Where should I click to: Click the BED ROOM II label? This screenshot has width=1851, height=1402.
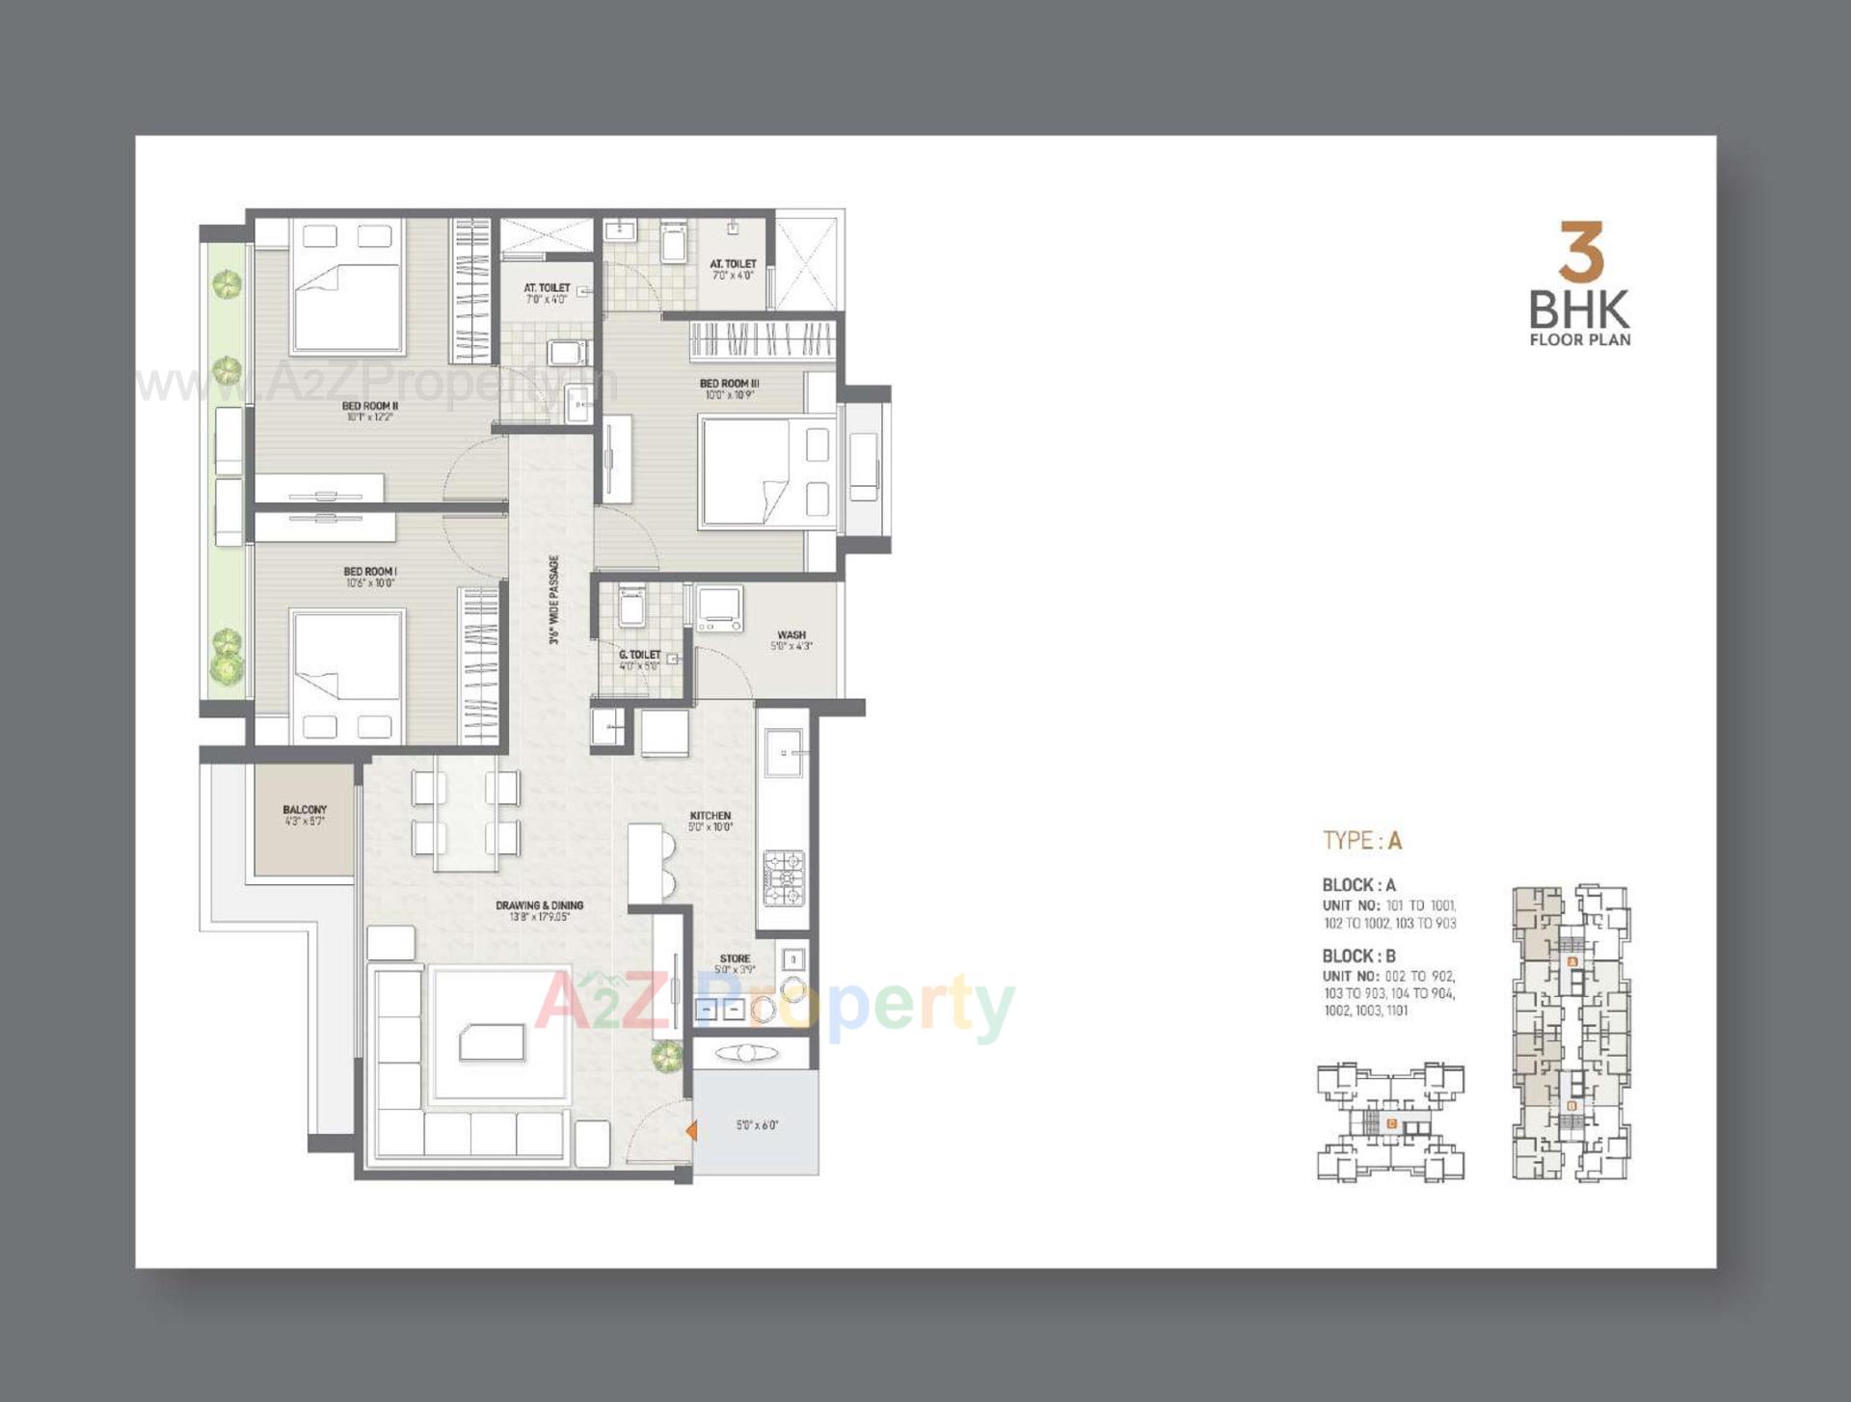coord(369,406)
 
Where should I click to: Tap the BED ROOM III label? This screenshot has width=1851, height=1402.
coord(729,384)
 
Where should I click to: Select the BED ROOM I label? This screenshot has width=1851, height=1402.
coord(370,572)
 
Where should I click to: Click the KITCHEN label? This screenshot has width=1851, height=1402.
coord(711,816)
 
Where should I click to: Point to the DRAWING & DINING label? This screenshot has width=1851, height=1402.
coord(539,905)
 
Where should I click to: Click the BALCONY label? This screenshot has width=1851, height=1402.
coord(305,810)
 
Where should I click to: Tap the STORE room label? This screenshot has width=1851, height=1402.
coord(735,958)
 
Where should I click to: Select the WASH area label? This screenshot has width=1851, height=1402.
coord(791,635)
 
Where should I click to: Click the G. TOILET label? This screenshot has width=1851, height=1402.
coord(639,655)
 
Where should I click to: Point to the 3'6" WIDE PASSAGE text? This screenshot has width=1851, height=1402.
coord(554,599)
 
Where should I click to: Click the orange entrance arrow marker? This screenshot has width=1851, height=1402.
coord(691,1130)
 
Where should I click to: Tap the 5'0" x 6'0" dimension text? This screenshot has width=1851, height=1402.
coord(757,1125)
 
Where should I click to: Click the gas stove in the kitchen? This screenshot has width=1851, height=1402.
coord(784,877)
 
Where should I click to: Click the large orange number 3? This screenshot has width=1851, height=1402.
coord(1581,252)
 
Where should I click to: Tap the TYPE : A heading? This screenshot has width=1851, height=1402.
coord(1361,841)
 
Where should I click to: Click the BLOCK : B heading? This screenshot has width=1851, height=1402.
coord(1358,956)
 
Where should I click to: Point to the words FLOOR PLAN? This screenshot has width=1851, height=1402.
coord(1580,339)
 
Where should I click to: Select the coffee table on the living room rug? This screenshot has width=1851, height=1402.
coord(493,1042)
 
